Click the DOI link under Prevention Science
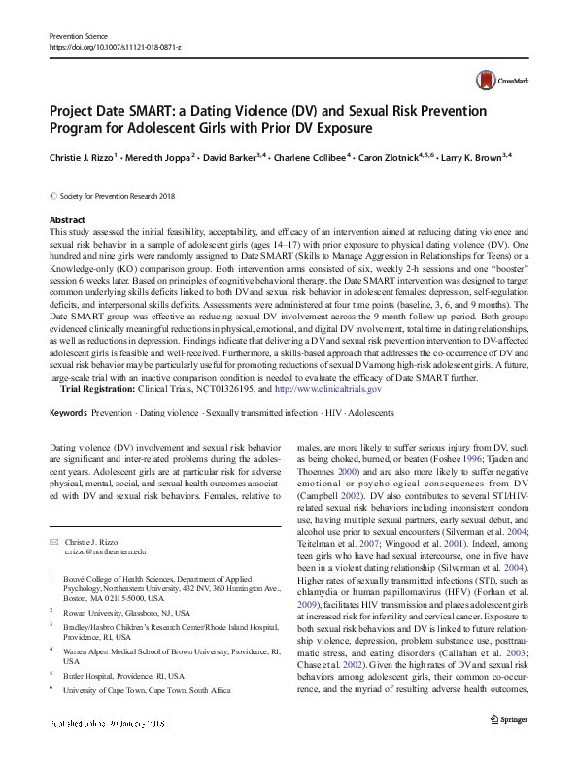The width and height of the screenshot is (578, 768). coord(109,46)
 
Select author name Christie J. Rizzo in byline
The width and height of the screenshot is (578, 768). coord(83,156)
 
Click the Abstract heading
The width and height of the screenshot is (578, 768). coord(67,221)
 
